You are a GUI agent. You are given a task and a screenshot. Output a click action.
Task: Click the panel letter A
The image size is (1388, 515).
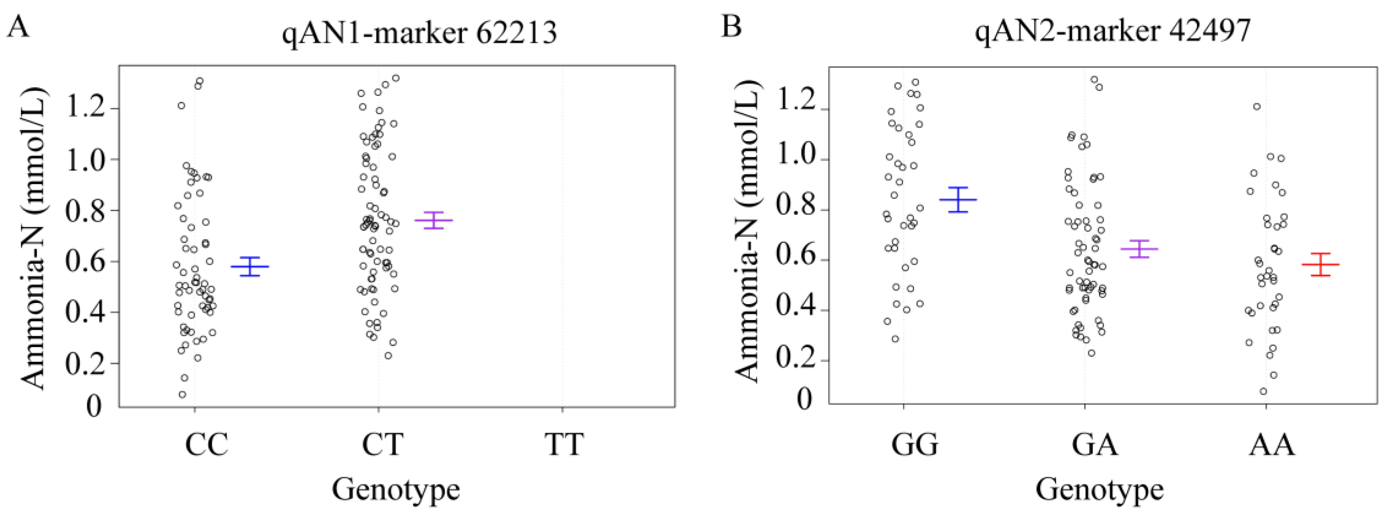18,25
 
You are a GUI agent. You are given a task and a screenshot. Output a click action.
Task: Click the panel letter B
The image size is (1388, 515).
731,25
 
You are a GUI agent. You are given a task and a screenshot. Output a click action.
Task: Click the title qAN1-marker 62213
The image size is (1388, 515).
419,33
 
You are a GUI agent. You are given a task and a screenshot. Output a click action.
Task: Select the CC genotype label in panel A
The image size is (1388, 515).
207,444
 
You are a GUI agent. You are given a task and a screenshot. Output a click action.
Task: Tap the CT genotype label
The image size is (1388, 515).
382,444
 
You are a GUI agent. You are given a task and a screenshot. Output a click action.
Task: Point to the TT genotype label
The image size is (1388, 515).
564,444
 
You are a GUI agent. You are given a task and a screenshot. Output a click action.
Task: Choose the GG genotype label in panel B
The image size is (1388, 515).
914,444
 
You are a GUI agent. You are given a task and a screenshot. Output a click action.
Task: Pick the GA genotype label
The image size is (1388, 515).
1094,444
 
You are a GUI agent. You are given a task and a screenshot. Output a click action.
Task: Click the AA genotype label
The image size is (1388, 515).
1272,444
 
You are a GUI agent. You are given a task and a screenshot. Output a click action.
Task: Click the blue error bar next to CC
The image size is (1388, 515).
250,266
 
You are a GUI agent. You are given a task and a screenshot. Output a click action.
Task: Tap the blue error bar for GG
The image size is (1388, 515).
958,200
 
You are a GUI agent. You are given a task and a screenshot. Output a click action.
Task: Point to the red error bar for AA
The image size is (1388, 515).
1321,264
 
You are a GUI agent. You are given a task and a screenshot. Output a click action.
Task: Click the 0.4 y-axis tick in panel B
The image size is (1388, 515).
795,310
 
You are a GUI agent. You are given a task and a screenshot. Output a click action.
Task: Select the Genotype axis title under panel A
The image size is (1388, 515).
396,489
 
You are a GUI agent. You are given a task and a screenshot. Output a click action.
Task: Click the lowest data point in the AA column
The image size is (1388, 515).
1263,391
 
